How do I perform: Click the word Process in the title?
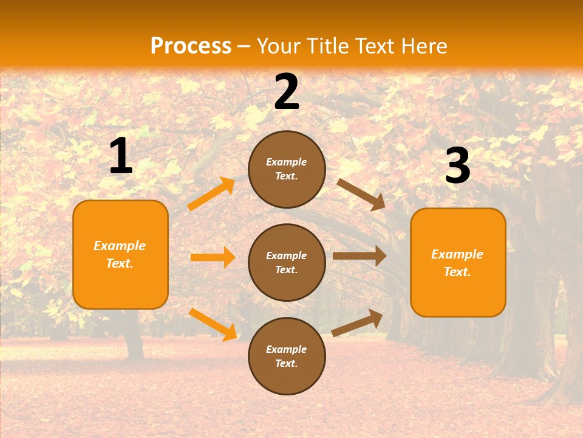point(191,46)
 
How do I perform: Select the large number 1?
point(121,156)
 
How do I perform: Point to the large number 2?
point(287,92)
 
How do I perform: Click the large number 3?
point(457,166)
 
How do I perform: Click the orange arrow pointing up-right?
point(211,194)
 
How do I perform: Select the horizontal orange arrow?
point(213,257)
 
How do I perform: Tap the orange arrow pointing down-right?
point(213,324)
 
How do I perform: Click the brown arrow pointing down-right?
point(361,194)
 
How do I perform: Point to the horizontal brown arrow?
point(360,256)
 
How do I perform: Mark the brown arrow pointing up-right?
point(358,322)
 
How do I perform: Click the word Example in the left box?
point(120,246)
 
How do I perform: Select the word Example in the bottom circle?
point(287,349)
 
